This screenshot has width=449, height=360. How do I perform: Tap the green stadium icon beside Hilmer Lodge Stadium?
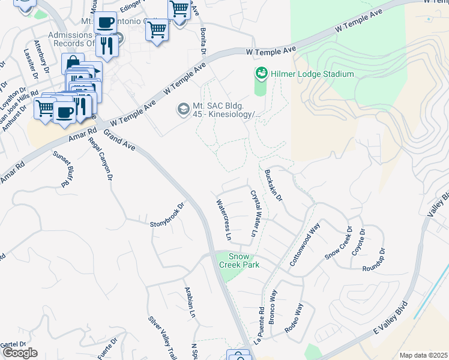click(x=261, y=74)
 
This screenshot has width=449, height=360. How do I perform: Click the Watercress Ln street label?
click(x=223, y=220)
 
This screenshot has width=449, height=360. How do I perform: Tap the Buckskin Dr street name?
click(x=273, y=185)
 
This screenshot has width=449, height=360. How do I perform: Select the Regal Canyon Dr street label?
click(x=100, y=159)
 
